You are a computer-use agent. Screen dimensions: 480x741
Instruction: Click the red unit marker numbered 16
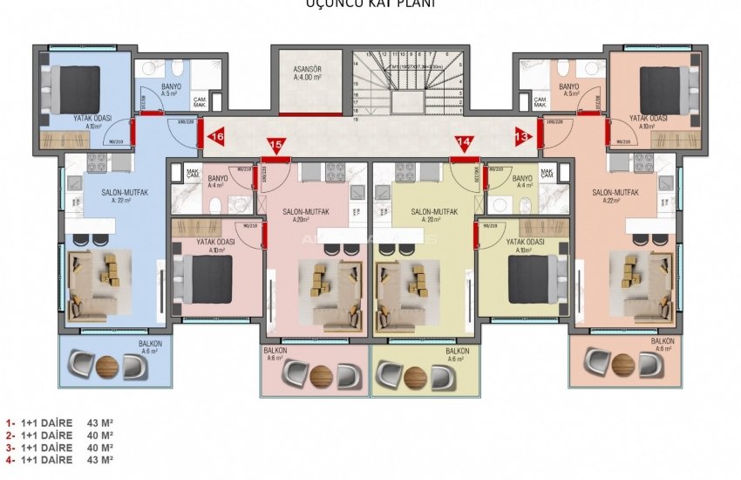point(217,136)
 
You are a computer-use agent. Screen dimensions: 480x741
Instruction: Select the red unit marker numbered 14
point(464,145)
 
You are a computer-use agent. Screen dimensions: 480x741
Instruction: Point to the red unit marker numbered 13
point(522,136)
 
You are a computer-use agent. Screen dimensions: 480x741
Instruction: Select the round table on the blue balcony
point(105,365)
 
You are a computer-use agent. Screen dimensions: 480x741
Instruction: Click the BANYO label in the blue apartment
point(171,87)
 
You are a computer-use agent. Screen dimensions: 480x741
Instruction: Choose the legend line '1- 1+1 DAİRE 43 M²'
point(59,424)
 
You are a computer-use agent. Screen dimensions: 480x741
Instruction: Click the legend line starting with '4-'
point(59,459)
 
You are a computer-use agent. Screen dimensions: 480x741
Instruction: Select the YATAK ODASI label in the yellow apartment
point(525,242)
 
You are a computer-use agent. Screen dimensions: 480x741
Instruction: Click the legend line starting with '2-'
point(59,435)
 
